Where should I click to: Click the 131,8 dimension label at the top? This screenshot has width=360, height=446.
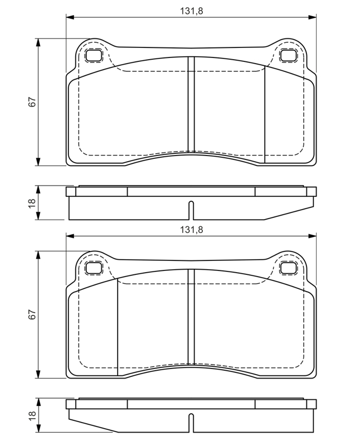pyautogui.click(x=191, y=11)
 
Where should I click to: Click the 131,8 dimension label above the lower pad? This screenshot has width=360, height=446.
pyautogui.click(x=191, y=230)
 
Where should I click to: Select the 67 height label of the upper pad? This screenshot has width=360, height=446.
pyautogui.click(x=32, y=102)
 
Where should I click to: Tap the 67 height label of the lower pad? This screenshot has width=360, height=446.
pyautogui.click(x=32, y=314)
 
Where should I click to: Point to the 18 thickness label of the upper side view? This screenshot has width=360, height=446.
pyautogui.click(x=32, y=203)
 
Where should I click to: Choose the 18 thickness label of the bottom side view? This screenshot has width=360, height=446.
pyautogui.click(x=32, y=415)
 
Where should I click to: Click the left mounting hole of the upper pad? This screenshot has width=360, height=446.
pyautogui.click(x=94, y=55)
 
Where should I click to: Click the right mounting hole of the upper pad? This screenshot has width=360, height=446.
pyautogui.click(x=288, y=55)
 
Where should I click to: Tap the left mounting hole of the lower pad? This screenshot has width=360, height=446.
pyautogui.click(x=94, y=268)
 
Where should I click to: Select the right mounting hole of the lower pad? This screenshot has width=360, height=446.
pyautogui.click(x=288, y=268)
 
